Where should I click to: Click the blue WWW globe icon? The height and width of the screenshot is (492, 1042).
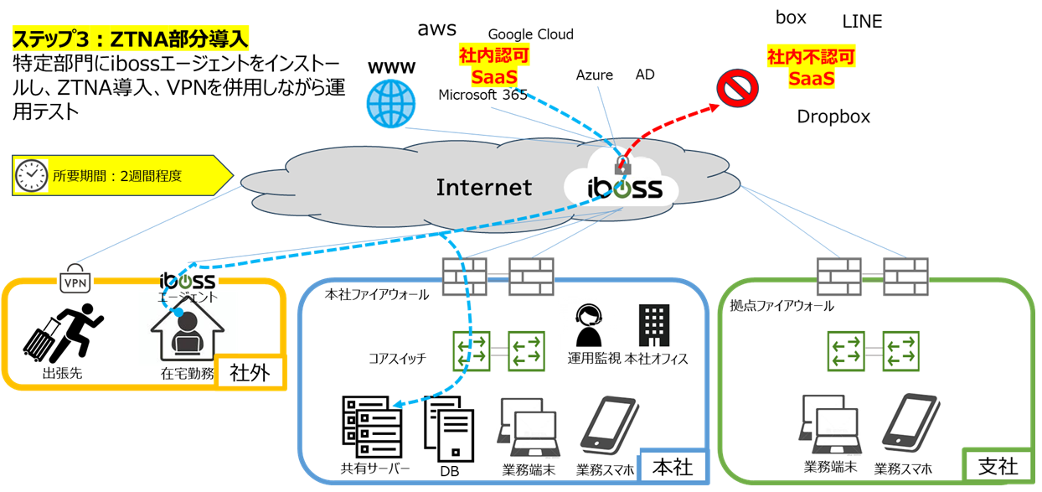tap(390, 103)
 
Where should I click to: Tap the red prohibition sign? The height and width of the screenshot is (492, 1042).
tap(737, 89)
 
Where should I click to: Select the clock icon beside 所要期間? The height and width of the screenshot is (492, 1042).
tap(31, 175)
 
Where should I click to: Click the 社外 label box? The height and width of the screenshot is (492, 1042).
tap(250, 372)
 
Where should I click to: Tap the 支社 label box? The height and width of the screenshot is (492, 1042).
tap(998, 466)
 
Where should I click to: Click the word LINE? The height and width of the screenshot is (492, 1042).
tap(862, 22)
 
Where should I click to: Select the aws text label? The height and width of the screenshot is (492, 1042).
tap(437, 29)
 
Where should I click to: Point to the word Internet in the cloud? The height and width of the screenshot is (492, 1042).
tap(483, 187)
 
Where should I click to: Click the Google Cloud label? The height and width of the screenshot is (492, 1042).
tap(530, 34)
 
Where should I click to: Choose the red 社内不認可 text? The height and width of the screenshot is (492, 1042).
tap(811, 58)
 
